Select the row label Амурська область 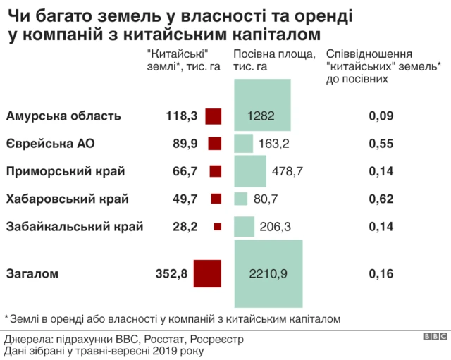tap(63, 116)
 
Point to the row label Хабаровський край tap(67, 199)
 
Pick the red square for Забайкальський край tap(217, 227)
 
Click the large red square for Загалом tap(208, 274)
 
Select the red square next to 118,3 tap(214, 116)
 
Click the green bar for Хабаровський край tap(240, 199)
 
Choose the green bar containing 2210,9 tap(268, 274)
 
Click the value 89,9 tap(185, 144)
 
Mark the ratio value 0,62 tap(381, 199)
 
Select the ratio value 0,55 tap(381, 144)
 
